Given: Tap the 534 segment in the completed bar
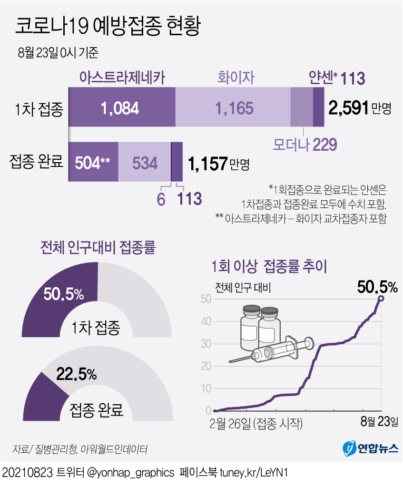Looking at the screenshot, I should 144,163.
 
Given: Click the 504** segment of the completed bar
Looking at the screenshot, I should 93,163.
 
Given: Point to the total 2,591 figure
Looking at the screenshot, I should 349,108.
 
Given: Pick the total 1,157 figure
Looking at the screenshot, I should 207,164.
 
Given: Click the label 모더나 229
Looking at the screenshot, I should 305,144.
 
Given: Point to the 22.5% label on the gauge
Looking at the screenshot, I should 77,374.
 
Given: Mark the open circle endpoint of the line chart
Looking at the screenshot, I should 381,298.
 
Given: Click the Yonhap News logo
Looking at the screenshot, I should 370,447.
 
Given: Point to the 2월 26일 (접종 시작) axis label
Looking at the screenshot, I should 256,422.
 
